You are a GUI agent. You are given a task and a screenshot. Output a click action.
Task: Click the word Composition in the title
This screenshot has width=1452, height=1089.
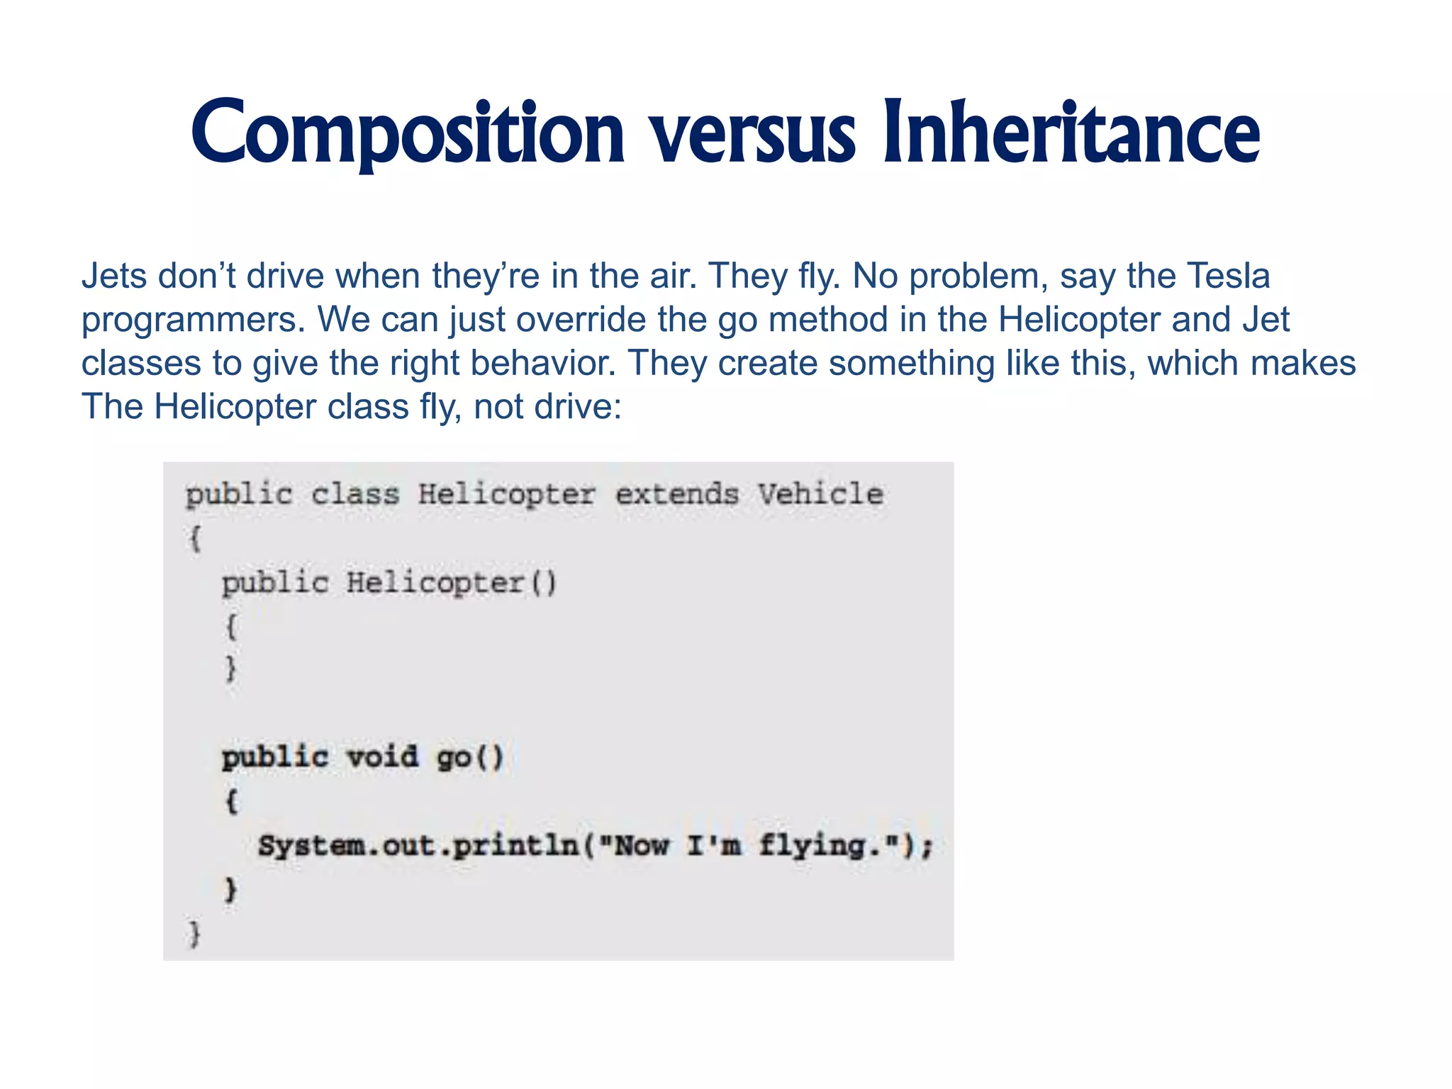pyautogui.click(x=408, y=133)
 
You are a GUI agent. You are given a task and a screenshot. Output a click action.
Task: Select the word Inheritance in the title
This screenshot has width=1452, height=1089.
pyautogui.click(x=1071, y=133)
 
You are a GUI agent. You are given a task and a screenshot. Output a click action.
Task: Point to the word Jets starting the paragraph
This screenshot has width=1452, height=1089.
pyautogui.click(x=113, y=276)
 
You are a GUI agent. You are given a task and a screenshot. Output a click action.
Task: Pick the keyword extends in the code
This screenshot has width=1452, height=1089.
pyautogui.click(x=676, y=493)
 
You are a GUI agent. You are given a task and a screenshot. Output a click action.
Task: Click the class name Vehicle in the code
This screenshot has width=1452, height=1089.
pyautogui.click(x=820, y=493)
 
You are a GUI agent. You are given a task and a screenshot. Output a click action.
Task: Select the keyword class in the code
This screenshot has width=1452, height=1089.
pyautogui.click(x=355, y=493)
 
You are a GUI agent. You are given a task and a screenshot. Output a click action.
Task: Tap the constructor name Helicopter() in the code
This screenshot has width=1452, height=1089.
pyautogui.click(x=452, y=583)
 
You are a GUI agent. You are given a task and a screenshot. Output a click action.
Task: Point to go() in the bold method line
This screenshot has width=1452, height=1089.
pyautogui.click(x=469, y=757)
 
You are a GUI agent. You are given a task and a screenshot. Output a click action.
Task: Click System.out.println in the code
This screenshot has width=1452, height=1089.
pyautogui.click(x=418, y=845)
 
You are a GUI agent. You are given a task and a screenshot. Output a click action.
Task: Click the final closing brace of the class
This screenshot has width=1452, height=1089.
pyautogui.click(x=194, y=934)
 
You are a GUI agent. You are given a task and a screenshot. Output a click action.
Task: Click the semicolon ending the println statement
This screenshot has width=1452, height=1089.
pyautogui.click(x=927, y=847)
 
